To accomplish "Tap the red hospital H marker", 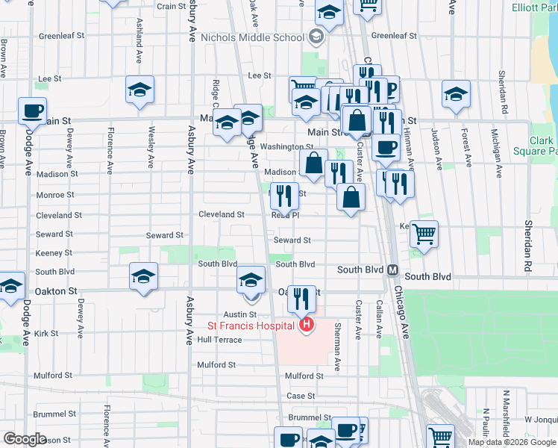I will tap(306, 325).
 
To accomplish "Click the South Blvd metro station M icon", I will tap(392, 269).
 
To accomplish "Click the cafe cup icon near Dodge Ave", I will tap(32, 111).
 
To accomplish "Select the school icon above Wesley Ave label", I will tap(139, 90).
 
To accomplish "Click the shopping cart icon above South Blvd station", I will tap(424, 234).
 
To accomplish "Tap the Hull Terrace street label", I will tap(219, 340).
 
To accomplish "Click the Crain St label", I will tap(171, 7).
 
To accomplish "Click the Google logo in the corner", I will tap(25, 438).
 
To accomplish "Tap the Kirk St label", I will tap(46, 333).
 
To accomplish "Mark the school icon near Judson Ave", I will tap(456, 94).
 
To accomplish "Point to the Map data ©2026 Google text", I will tap(511, 442).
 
